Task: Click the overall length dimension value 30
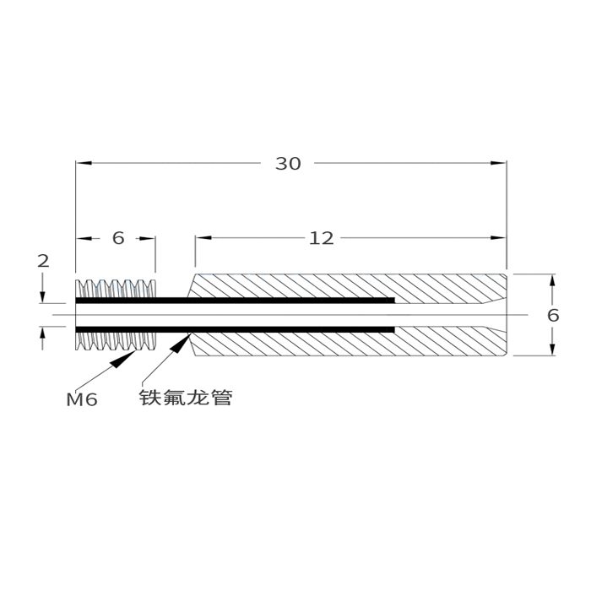[288, 164]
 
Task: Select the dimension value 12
[321, 239]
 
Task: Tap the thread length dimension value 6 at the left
[118, 239]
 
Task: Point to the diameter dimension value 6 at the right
[553, 316]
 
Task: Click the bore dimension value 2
[43, 262]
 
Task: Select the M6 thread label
[82, 399]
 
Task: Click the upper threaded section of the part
[116, 287]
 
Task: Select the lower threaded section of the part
[116, 343]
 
